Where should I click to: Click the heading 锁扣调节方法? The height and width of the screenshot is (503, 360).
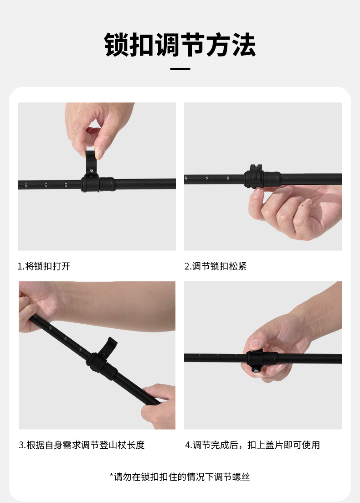click(x=180, y=45)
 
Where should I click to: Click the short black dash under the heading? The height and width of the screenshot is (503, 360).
click(x=180, y=69)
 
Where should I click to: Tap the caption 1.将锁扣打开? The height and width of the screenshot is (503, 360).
click(x=44, y=266)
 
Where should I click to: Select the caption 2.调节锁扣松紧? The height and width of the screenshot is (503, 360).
click(x=216, y=266)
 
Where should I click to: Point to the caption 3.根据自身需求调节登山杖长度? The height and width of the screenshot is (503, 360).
click(x=82, y=445)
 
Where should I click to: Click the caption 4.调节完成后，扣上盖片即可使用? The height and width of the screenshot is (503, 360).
click(x=252, y=445)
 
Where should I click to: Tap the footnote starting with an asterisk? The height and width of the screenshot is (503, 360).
click(x=180, y=477)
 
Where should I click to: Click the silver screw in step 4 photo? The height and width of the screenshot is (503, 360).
click(x=256, y=370)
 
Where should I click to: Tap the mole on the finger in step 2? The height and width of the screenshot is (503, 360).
click(x=302, y=204)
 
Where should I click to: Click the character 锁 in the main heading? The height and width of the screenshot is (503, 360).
click(x=117, y=45)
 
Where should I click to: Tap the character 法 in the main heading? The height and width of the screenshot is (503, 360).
click(x=243, y=45)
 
